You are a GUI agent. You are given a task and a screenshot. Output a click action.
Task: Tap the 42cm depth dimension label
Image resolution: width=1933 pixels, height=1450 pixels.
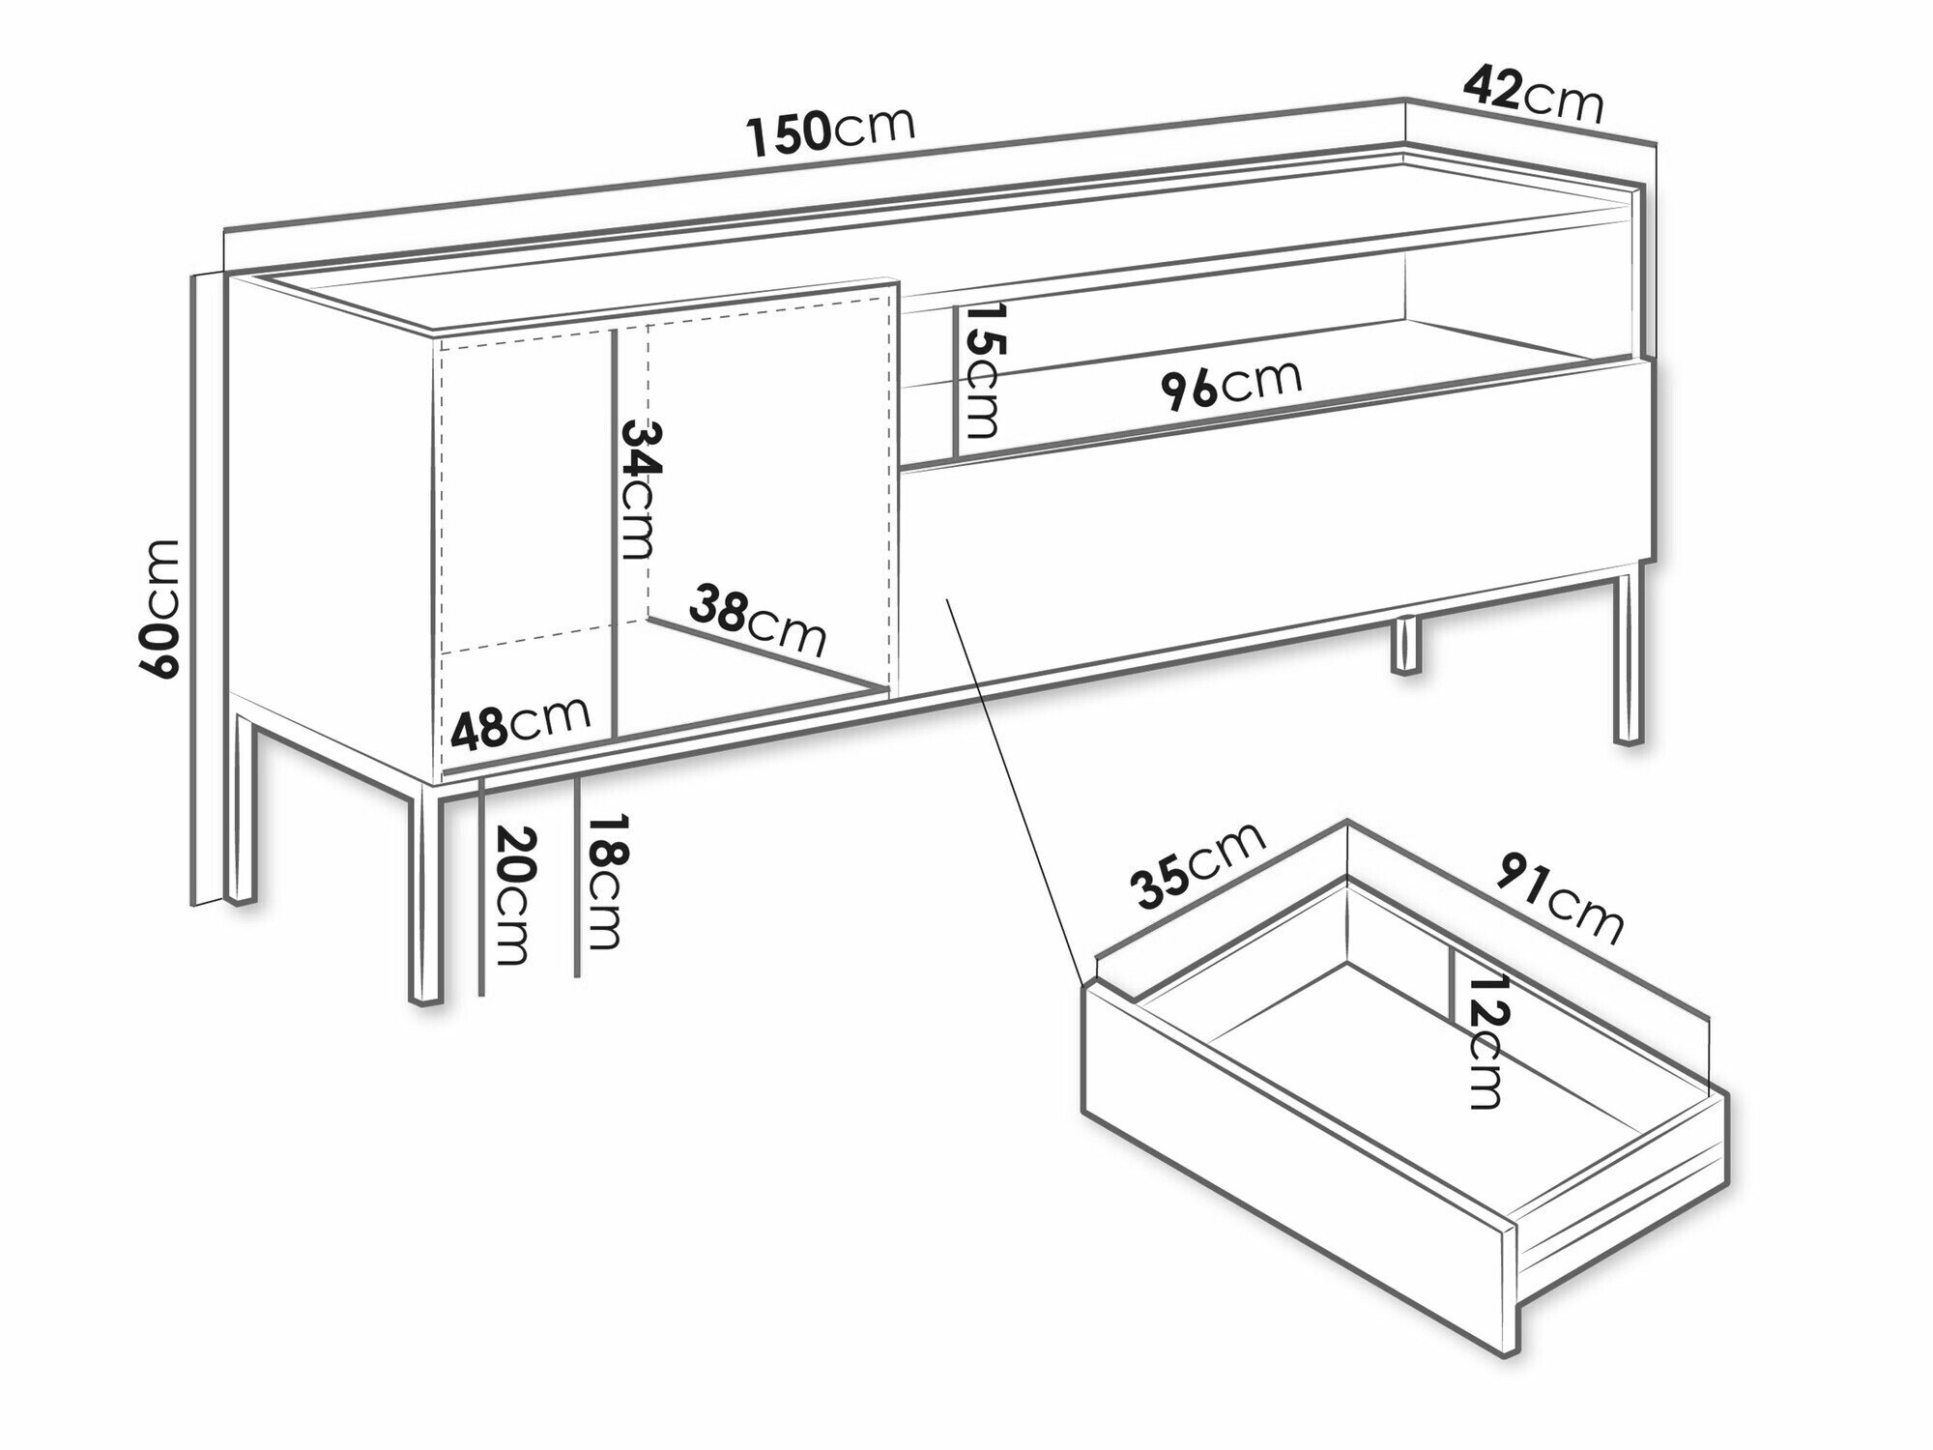pyautogui.click(x=1533, y=95)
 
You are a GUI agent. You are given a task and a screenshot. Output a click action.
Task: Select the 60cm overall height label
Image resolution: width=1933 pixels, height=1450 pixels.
pyautogui.click(x=159, y=608)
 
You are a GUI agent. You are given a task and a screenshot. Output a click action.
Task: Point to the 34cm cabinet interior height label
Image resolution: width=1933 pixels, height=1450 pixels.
pyautogui.click(x=637, y=488)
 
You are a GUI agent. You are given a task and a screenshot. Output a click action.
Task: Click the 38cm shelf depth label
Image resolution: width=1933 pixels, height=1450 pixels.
pyautogui.click(x=759, y=620)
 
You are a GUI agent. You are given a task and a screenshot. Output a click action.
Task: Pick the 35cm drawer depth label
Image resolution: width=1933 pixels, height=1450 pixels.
pyautogui.click(x=1198, y=865)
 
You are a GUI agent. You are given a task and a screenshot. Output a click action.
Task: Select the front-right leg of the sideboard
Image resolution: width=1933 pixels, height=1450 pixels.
pyautogui.click(x=1628, y=658)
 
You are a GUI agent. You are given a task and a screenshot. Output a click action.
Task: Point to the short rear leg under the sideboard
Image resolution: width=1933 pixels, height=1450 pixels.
pyautogui.click(x=1406, y=645)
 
